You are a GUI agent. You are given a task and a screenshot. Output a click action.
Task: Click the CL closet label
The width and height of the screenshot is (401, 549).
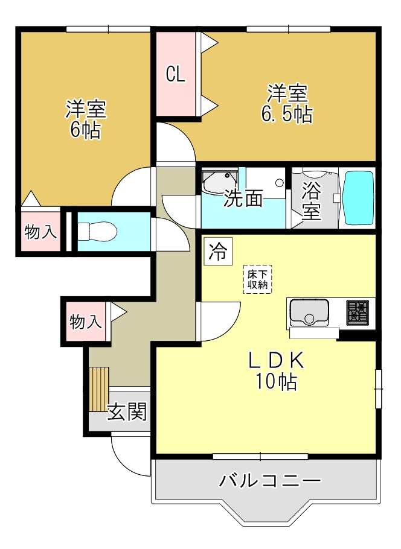point(176,74)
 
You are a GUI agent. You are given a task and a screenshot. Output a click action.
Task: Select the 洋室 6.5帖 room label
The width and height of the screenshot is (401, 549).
point(287,104)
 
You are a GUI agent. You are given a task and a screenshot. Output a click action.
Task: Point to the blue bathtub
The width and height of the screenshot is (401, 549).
point(359,198)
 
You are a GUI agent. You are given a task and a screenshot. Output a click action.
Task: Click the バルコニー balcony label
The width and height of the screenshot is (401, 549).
point(269,481)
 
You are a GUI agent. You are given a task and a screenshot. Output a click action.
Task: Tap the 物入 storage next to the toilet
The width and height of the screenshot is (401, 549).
point(40,232)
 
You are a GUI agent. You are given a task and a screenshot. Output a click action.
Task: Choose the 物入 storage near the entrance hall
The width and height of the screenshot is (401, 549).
point(85,322)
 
